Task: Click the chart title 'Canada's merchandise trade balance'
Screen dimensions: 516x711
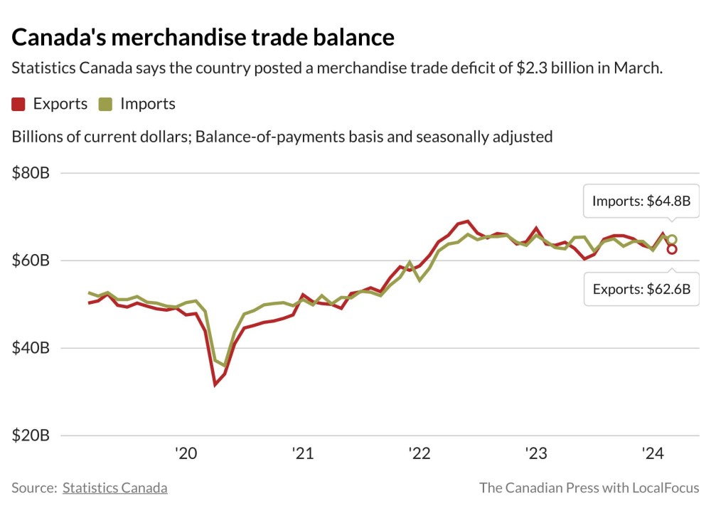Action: (203, 36)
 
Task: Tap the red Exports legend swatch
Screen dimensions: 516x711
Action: (19, 104)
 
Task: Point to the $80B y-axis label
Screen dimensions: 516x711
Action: (31, 173)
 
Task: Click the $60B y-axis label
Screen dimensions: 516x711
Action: (31, 260)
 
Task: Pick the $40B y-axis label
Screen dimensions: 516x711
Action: (31, 348)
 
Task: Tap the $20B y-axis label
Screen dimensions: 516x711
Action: (31, 436)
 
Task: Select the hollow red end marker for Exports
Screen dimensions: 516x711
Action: (671, 249)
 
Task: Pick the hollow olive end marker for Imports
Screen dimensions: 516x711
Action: (672, 240)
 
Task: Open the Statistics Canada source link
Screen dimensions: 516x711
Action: (115, 488)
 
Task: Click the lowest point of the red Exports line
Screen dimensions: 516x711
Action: (215, 384)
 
